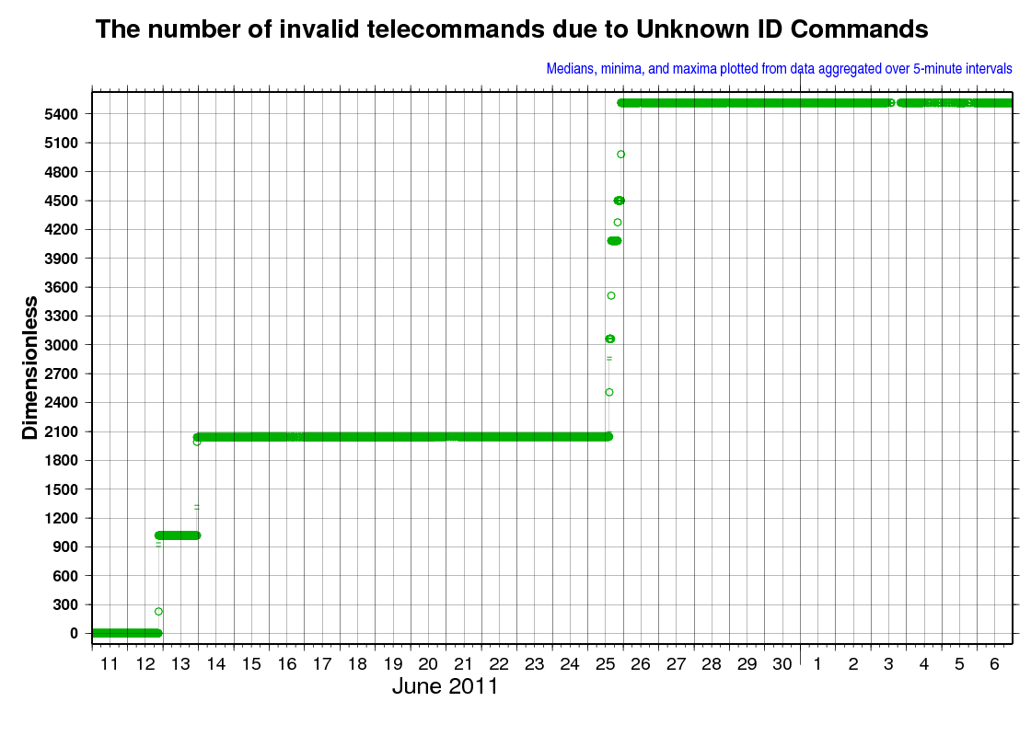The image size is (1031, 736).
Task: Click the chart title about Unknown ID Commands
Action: click(512, 29)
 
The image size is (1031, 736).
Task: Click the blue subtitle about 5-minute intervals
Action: click(779, 69)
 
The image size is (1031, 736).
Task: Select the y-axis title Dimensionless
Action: click(30, 368)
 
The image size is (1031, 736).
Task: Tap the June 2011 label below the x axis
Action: click(446, 686)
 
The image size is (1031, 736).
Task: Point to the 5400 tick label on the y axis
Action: click(61, 114)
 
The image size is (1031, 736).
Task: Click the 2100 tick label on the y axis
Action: click(61, 431)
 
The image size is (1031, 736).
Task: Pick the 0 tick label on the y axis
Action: click(74, 634)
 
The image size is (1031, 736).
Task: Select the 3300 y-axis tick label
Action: click(61, 316)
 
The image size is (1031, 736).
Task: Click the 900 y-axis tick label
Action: click(65, 546)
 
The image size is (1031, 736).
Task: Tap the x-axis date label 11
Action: click(110, 664)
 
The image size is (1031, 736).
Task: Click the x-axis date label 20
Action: click(428, 664)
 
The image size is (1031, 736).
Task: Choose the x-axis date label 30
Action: click(782, 664)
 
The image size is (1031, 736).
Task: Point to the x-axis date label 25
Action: click(606, 664)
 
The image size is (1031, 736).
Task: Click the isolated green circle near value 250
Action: click(158, 612)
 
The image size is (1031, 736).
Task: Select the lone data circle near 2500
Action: click(609, 392)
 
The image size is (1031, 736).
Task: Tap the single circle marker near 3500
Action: click(611, 295)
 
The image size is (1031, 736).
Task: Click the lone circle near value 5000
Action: click(620, 155)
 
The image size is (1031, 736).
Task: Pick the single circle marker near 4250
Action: click(618, 223)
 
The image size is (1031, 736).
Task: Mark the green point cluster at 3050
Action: click(610, 339)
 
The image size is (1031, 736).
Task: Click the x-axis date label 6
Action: click(994, 664)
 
